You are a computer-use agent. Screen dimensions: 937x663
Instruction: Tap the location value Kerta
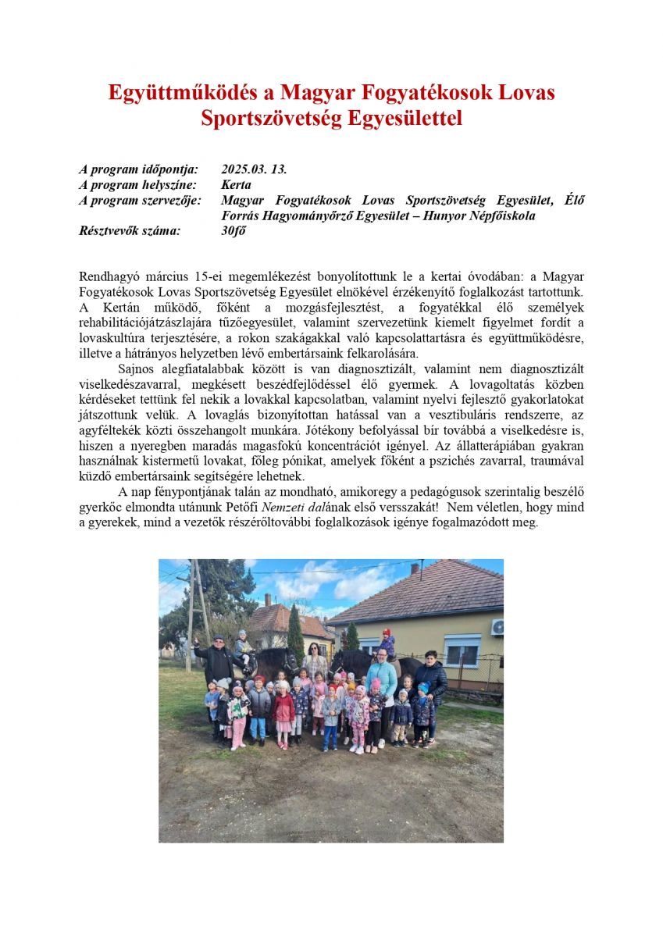(x=236, y=185)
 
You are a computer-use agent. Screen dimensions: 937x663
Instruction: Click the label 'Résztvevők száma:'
(x=130, y=230)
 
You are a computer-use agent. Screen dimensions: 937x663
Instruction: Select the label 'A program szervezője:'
(x=140, y=200)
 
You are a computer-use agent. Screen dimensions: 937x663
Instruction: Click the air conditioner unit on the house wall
(x=497, y=626)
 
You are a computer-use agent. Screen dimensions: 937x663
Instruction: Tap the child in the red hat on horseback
(x=386, y=642)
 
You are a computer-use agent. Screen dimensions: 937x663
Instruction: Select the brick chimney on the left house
(x=267, y=599)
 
